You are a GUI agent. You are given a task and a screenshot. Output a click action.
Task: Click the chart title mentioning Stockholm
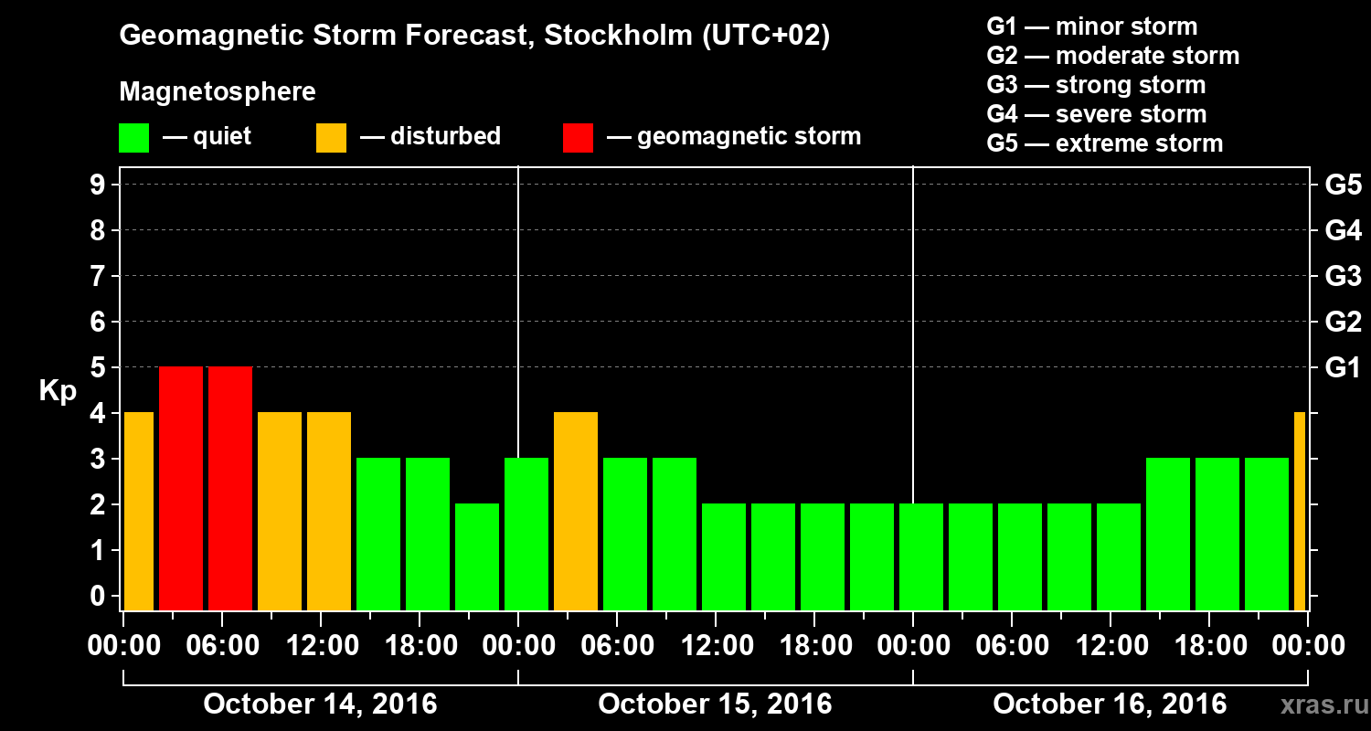point(474,37)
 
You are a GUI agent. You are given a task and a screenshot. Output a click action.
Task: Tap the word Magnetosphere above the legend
point(218,92)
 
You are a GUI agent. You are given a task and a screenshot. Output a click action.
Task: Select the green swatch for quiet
point(133,137)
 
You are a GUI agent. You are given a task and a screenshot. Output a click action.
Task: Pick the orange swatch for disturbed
point(331,137)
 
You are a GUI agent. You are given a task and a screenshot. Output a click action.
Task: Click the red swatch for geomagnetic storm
point(578,137)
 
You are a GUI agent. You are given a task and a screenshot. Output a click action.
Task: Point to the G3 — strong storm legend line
point(1096,85)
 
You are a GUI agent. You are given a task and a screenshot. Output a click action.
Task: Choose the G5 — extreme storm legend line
point(1104,143)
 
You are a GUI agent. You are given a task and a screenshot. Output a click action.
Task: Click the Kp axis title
point(58,391)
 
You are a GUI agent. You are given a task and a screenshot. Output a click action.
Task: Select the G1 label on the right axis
point(1343,368)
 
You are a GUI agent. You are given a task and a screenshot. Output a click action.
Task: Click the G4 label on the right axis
point(1343,231)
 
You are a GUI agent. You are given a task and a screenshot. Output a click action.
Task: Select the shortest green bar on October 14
point(477,556)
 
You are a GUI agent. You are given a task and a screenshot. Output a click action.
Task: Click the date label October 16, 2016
point(1110,705)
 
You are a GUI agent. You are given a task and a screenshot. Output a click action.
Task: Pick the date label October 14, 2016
point(320,705)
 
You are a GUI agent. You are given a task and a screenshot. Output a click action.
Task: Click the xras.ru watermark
point(1317,705)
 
